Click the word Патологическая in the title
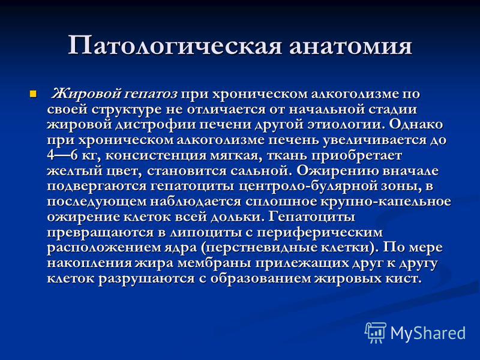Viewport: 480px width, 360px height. tap(174, 46)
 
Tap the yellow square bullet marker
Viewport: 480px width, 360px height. tap(33, 94)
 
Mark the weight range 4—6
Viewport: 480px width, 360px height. tap(62, 155)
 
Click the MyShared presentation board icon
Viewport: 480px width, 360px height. tap(376, 332)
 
